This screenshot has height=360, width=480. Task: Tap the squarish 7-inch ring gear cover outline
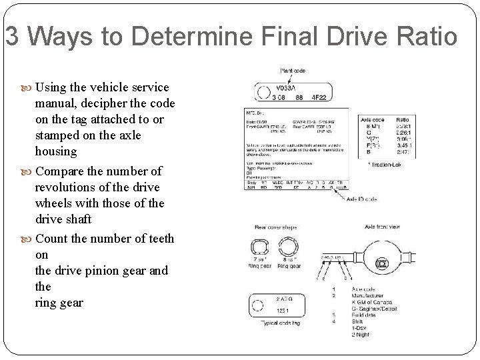click(x=259, y=249)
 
